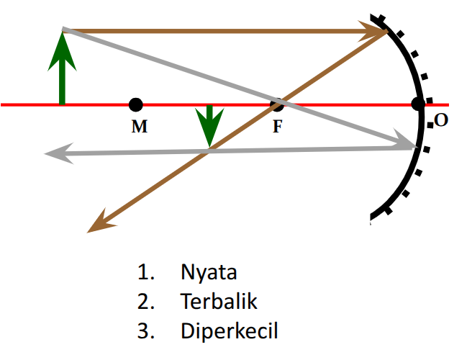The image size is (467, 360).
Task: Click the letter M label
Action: [140, 127]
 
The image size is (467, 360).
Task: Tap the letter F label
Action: [278, 126]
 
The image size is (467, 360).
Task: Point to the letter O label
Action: [441, 120]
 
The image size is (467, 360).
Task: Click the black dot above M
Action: [136, 105]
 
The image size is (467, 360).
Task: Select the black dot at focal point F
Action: [277, 105]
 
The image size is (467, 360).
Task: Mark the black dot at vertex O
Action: [418, 104]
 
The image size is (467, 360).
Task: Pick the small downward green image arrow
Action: [209, 125]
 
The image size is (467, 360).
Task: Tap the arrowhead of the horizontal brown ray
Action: [376, 31]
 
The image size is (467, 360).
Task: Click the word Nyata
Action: [209, 274]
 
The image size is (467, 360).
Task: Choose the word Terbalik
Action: [219, 302]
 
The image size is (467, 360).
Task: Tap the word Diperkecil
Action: [230, 332]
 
